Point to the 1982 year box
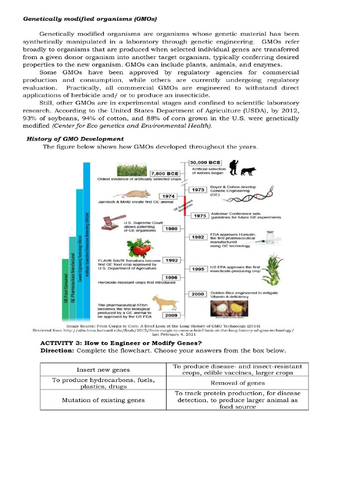198,237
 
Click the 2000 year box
198,294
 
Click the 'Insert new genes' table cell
103,370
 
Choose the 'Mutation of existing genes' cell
103,400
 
